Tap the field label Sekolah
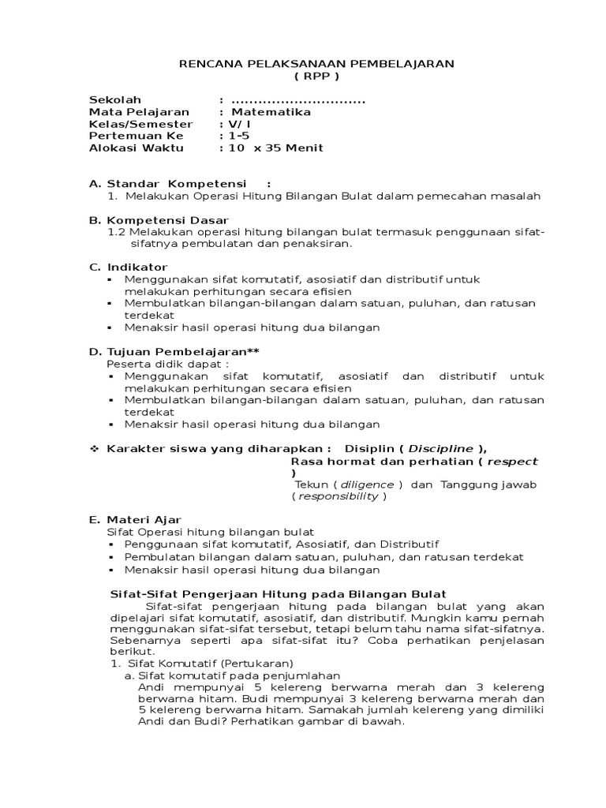point(115,100)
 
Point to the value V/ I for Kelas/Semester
point(239,124)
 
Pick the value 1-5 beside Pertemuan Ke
point(238,136)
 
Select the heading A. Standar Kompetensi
point(169,184)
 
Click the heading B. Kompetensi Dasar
point(159,220)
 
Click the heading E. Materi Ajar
point(136,519)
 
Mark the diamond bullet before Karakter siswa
point(94,448)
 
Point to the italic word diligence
point(368,484)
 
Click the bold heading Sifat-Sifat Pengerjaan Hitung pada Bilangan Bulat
point(276,593)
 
